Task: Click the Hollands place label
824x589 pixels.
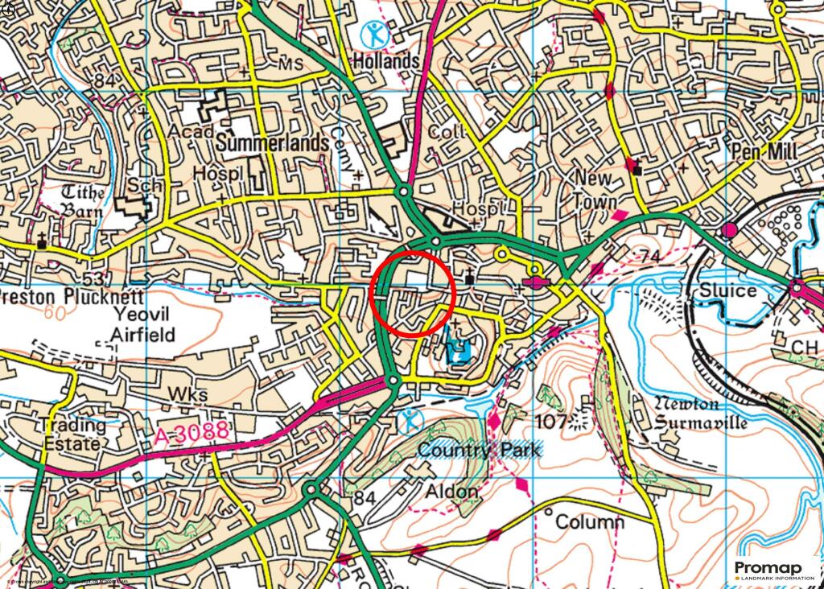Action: pyautogui.click(x=386, y=61)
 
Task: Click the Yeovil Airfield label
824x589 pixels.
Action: pyautogui.click(x=144, y=323)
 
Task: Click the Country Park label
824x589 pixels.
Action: pyautogui.click(x=480, y=450)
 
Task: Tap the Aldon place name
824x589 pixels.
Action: pyautogui.click(x=451, y=491)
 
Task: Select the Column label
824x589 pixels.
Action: pyautogui.click(x=589, y=522)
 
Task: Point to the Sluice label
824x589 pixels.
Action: pyautogui.click(x=727, y=290)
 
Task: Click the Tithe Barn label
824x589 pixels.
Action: pyautogui.click(x=84, y=202)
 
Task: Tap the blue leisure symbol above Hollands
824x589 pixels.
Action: pyautogui.click(x=372, y=33)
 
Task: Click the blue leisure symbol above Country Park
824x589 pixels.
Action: pyautogui.click(x=410, y=419)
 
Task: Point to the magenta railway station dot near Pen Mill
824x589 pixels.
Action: pyautogui.click(x=730, y=231)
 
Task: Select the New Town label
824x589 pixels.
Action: pyautogui.click(x=595, y=189)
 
